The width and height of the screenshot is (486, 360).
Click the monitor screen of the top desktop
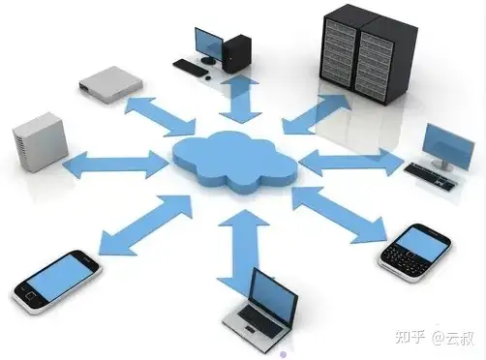click(207, 44)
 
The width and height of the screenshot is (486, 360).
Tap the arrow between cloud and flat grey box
click(160, 115)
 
